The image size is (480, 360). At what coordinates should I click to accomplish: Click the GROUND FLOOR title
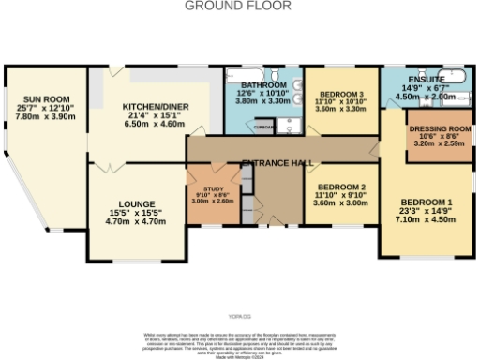click(237, 6)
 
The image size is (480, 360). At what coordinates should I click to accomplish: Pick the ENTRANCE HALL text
click(277, 164)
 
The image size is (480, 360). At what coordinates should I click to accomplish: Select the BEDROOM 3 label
click(342, 96)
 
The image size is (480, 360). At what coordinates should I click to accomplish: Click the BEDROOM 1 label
click(427, 203)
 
